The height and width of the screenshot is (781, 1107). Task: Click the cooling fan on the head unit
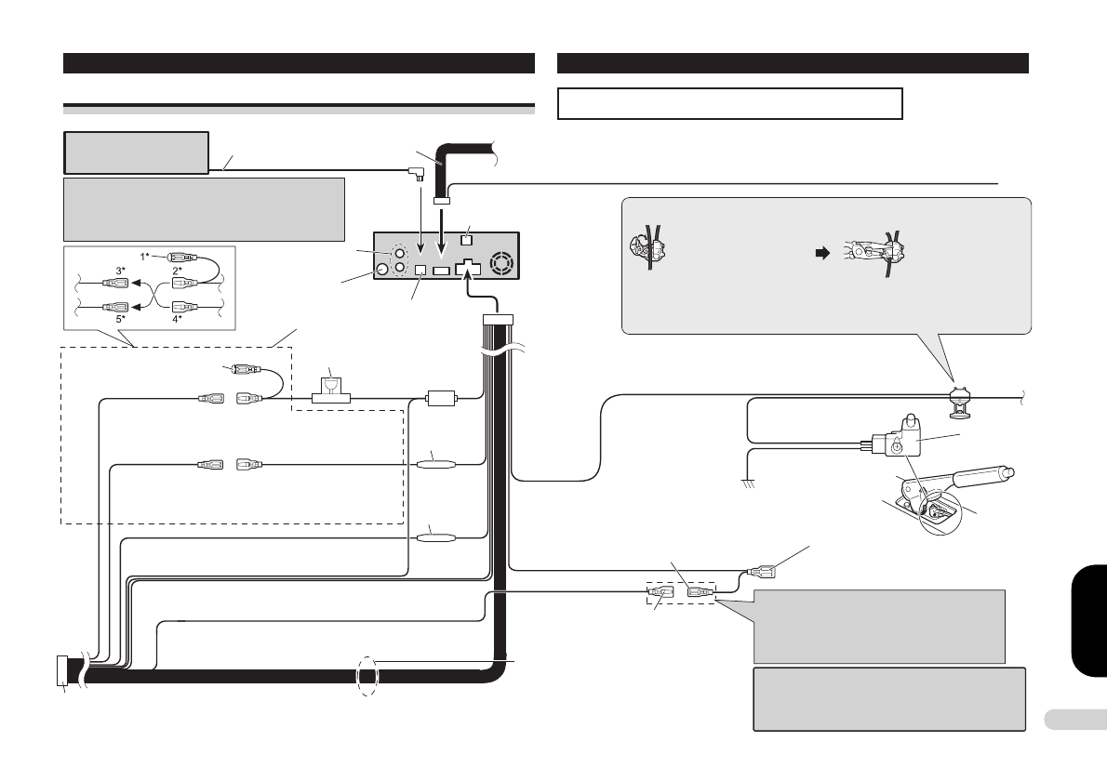tap(500, 265)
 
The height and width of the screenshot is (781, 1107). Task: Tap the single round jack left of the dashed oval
tap(381, 271)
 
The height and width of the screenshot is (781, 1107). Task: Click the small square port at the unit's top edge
tap(467, 242)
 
